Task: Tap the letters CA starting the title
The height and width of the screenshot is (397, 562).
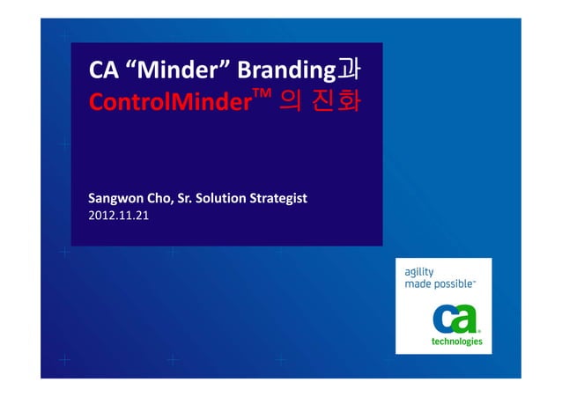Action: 103,70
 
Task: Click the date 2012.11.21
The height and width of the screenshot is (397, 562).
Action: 119,215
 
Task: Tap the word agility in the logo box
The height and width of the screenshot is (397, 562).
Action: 419,272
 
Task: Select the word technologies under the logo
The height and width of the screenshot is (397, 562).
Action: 455,342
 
